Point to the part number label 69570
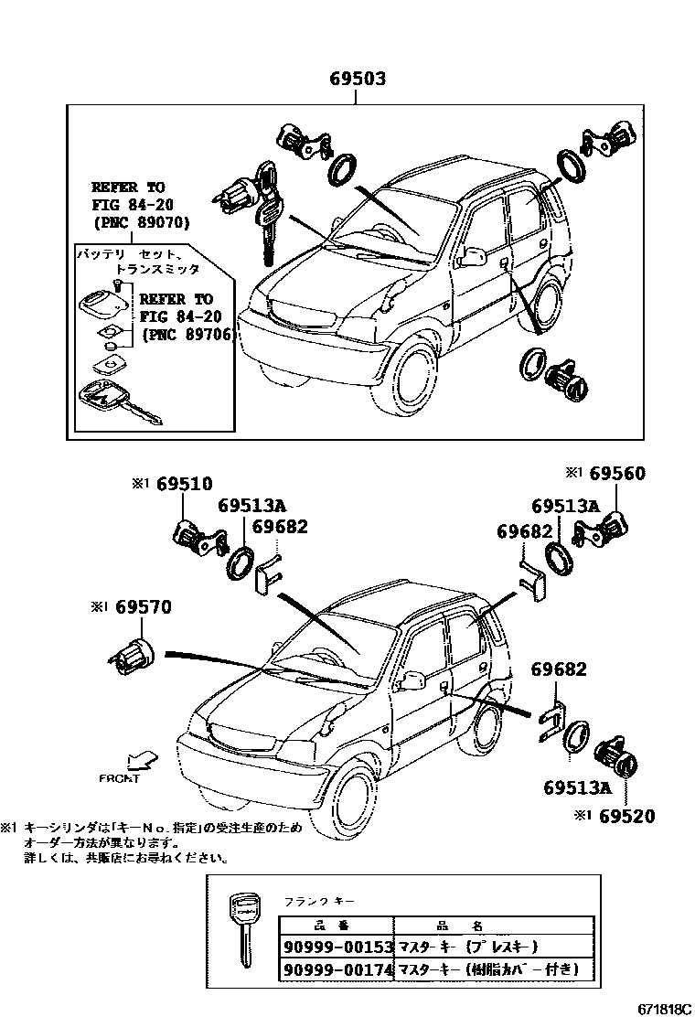point(142,606)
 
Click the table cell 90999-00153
point(336,947)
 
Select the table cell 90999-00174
point(336,968)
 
